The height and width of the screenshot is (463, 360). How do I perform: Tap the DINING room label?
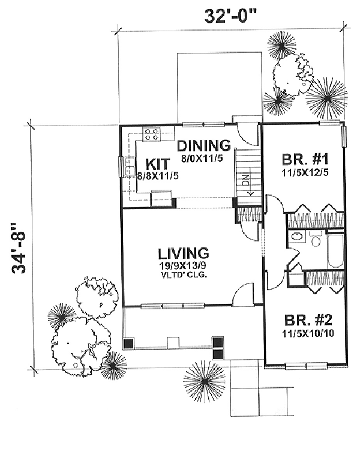pos(204,145)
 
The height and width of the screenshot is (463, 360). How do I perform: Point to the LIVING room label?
pos(184,253)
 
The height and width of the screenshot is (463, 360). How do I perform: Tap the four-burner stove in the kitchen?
pos(151,134)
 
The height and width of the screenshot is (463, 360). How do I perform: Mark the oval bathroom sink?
pos(295,237)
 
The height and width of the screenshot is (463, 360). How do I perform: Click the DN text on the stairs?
pos(245,178)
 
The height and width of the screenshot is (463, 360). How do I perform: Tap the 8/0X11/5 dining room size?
pos(203,159)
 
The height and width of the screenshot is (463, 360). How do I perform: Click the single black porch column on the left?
pos(128,344)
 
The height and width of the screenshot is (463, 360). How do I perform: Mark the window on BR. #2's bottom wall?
pos(305,365)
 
